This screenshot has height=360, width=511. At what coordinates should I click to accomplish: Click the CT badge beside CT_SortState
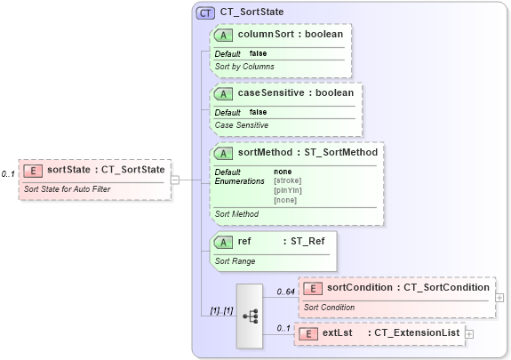click(x=205, y=12)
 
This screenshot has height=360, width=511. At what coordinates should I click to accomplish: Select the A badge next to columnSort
click(x=224, y=35)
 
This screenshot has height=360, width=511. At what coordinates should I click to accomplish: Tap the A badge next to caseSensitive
click(x=224, y=93)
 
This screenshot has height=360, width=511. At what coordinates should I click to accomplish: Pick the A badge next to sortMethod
click(x=224, y=153)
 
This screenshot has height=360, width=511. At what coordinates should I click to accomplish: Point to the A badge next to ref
click(x=224, y=241)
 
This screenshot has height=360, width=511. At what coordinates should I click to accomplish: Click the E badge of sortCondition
click(x=312, y=288)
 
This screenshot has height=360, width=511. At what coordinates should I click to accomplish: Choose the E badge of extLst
click(x=307, y=333)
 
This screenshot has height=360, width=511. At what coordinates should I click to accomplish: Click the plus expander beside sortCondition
click(x=499, y=298)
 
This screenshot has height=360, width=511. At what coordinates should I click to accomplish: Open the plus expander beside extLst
click(x=469, y=333)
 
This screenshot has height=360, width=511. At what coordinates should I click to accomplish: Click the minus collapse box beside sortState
click(x=175, y=179)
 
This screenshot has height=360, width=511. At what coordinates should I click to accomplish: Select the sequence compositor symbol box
click(x=250, y=316)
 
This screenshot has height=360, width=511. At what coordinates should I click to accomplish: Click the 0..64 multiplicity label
click(x=285, y=292)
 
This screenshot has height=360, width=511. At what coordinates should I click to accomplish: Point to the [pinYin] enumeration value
click(x=289, y=190)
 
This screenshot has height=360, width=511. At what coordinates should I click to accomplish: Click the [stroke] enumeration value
click(x=289, y=181)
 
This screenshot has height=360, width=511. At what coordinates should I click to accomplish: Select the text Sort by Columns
click(x=244, y=67)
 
